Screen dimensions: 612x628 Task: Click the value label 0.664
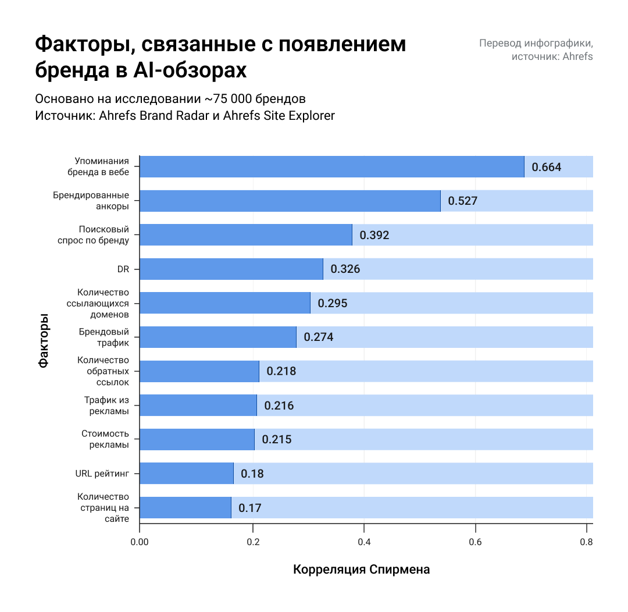pos(547,168)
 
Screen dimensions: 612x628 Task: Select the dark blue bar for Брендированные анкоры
pos(290,201)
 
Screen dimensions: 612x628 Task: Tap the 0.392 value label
pos(374,236)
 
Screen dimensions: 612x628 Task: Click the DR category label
pos(123,269)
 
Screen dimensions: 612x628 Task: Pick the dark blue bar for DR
pos(231,269)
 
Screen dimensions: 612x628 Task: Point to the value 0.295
pos(333,303)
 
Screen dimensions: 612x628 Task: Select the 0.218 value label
pos(281,371)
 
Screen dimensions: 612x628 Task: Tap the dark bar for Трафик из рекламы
pos(198,405)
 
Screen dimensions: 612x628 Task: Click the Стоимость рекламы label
pos(105,439)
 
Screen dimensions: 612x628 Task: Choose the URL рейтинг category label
pos(102,474)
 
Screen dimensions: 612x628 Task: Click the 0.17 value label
pos(250,508)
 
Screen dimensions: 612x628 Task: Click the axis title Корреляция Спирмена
pos(362,570)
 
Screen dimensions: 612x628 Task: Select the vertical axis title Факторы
pos(44,341)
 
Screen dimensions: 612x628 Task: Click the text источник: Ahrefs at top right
pos(552,56)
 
